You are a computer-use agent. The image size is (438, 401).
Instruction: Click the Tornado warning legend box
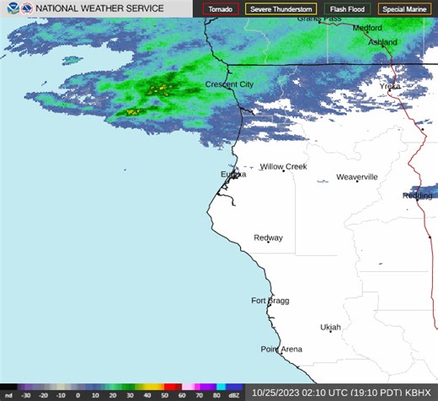221,9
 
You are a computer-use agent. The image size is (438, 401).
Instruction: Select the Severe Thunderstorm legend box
280,9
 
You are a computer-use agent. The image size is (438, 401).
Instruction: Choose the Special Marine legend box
403,9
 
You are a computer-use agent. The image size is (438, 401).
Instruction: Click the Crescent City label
230,85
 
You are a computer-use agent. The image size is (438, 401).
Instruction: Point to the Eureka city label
233,174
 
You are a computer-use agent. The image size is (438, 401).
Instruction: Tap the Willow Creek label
283,167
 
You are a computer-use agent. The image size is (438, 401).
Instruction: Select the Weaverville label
357,177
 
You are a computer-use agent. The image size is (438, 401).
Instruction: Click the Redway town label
268,238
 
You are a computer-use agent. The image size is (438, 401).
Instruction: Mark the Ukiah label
331,327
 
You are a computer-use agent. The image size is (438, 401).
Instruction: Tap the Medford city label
367,27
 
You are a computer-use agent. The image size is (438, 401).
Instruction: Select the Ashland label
382,42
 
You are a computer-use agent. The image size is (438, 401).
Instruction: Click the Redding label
418,195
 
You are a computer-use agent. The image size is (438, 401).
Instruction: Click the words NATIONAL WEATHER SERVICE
99,9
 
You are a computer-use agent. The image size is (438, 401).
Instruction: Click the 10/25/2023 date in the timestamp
278,393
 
